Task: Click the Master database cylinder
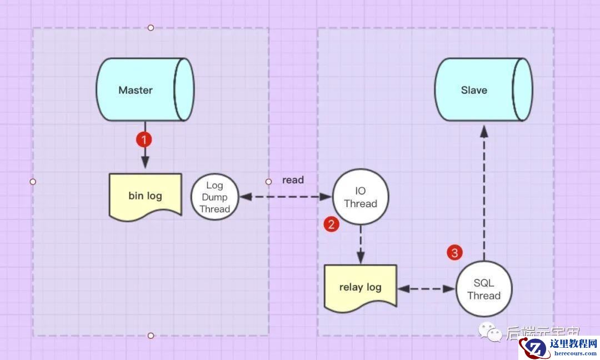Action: [x=144, y=90]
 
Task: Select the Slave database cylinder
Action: [x=482, y=90]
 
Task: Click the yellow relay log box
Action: [x=360, y=288]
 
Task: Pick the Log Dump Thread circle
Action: [x=214, y=197]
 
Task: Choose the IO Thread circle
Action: [x=361, y=197]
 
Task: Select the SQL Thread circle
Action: [x=484, y=289]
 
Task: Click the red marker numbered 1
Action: [x=144, y=139]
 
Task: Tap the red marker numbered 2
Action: [x=331, y=224]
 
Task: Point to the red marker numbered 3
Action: [x=455, y=253]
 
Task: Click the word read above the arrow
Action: [x=293, y=180]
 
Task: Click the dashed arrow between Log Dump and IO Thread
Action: [x=284, y=197]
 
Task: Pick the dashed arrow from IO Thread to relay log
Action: [x=361, y=244]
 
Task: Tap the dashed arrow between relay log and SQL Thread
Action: [x=426, y=289]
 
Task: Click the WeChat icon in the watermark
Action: [x=492, y=333]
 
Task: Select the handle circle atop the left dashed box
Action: [x=151, y=27]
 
